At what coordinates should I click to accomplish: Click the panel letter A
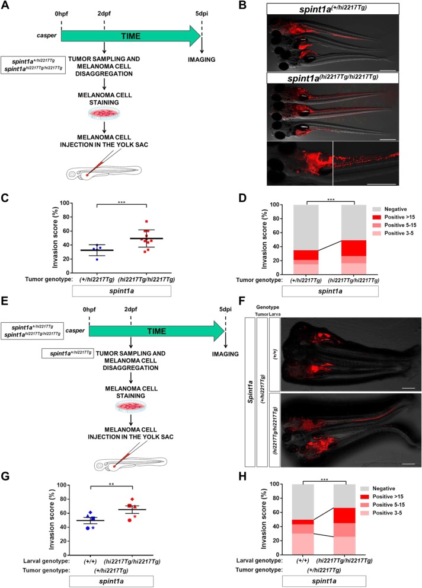pyautogui.click(x=8, y=7)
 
